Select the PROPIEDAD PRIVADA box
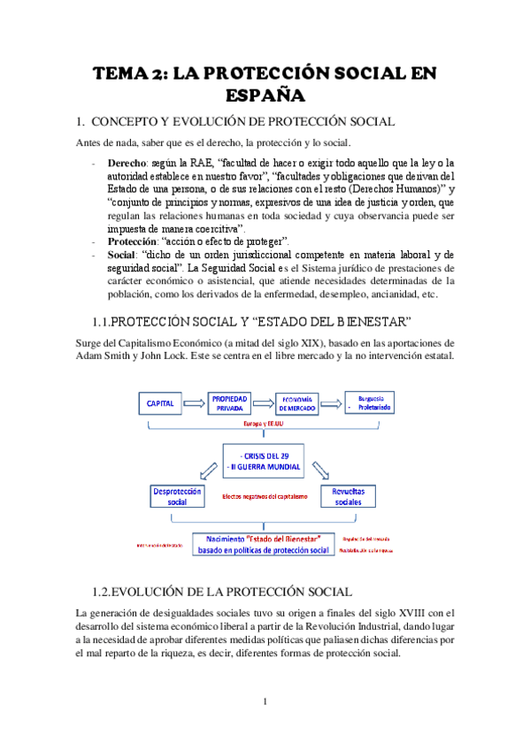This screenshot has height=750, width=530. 231,403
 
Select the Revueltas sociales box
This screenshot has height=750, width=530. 353,498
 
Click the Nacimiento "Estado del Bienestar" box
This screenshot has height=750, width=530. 263,543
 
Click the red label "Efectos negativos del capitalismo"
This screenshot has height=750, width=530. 265,496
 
